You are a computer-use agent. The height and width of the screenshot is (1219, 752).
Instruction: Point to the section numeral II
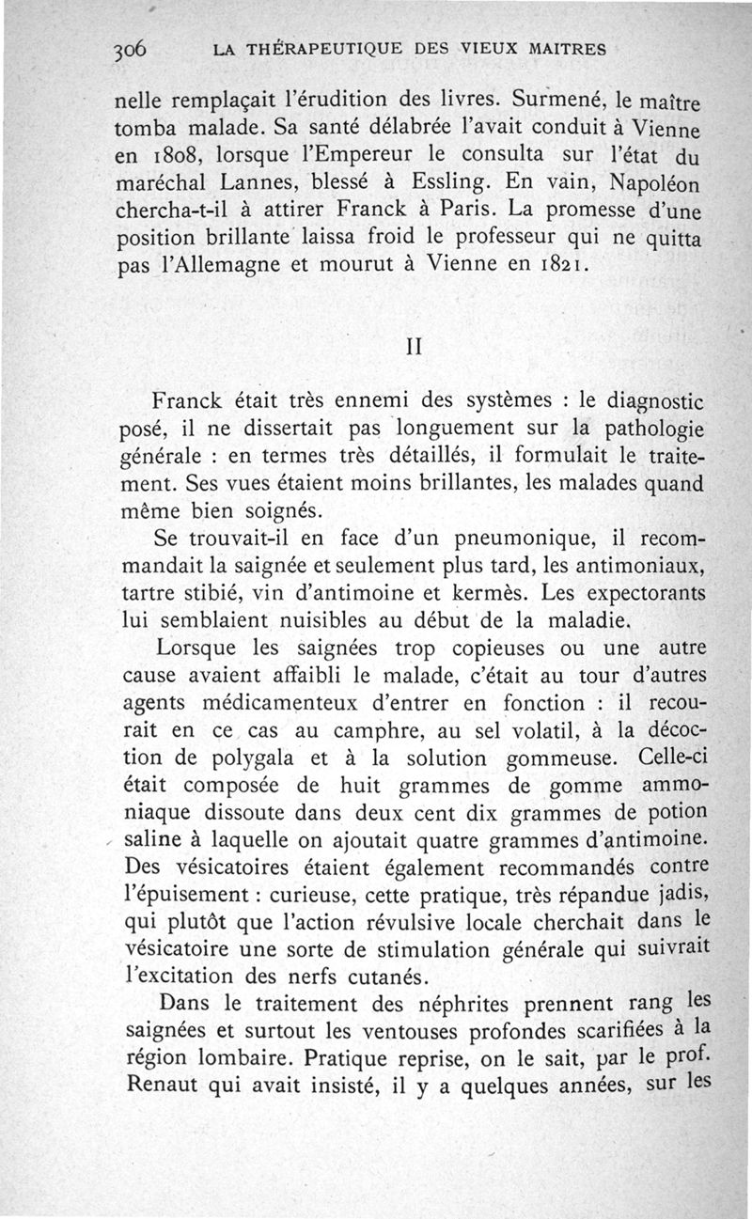[x=412, y=345]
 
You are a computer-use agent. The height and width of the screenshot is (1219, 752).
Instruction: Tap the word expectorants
[x=641, y=597]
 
